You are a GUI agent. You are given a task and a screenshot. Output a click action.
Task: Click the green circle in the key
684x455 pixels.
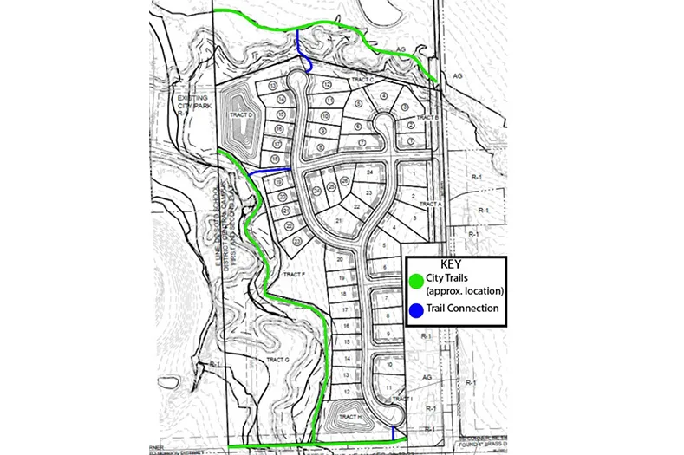point(415,279)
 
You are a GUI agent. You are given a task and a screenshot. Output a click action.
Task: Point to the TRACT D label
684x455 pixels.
point(240,115)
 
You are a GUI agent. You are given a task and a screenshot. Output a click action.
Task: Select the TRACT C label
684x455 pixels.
point(362,80)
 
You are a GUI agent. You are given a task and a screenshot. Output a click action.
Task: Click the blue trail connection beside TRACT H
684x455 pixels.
point(394,432)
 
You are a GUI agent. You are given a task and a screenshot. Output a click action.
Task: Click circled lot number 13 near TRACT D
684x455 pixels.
point(272,86)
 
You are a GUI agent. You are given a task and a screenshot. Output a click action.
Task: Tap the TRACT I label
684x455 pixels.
point(400,399)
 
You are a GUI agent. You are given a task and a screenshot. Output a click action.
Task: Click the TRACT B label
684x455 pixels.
point(426,117)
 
